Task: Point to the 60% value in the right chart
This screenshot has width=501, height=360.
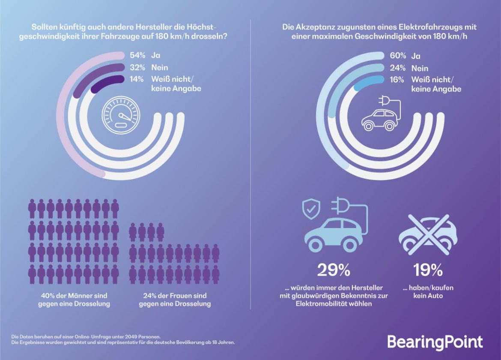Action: (397, 56)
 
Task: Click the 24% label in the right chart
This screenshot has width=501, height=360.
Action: (397, 68)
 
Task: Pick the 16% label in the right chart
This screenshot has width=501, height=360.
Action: (397, 80)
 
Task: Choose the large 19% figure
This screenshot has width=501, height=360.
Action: (428, 270)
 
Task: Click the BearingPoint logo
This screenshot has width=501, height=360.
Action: (435, 342)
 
